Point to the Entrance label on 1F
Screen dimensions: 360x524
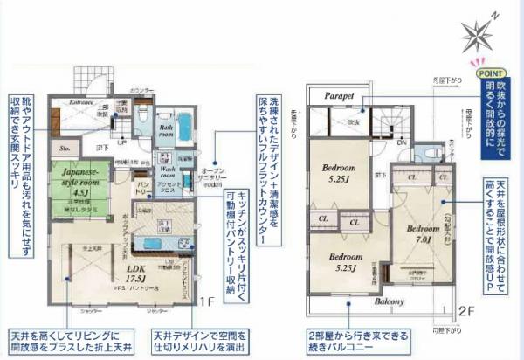[81, 101]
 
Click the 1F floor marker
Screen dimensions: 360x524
[206, 302]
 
